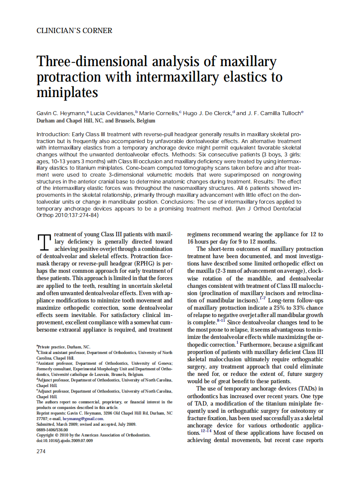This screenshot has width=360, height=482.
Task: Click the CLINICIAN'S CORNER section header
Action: point(74,31)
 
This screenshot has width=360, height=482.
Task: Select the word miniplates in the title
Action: point(67,92)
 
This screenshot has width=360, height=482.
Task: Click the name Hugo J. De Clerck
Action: point(208,113)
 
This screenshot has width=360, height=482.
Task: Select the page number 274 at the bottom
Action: point(41,451)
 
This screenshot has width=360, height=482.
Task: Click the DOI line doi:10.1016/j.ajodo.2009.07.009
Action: point(64,441)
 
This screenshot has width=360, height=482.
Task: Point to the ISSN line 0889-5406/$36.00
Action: point(52,430)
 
